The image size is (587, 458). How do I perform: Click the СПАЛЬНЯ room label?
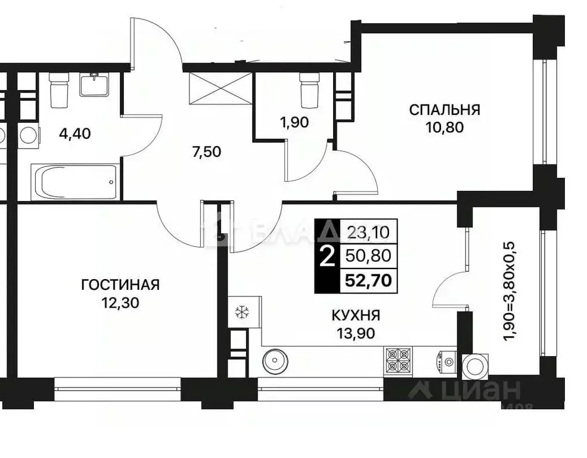coord(444,110)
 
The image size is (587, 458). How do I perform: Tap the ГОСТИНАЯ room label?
coord(120,284)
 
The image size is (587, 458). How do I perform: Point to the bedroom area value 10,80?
coord(444,126)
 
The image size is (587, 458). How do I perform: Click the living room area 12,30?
coord(120,302)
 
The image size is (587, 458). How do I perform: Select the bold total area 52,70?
coord(368,280)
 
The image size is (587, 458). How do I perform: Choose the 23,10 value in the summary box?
coord(368,230)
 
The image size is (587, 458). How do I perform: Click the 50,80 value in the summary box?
coord(368,255)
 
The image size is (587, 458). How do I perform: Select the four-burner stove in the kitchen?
coord(398,360)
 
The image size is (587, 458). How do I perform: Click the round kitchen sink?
coord(275,361)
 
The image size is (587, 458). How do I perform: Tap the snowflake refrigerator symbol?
coord(242,311)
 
